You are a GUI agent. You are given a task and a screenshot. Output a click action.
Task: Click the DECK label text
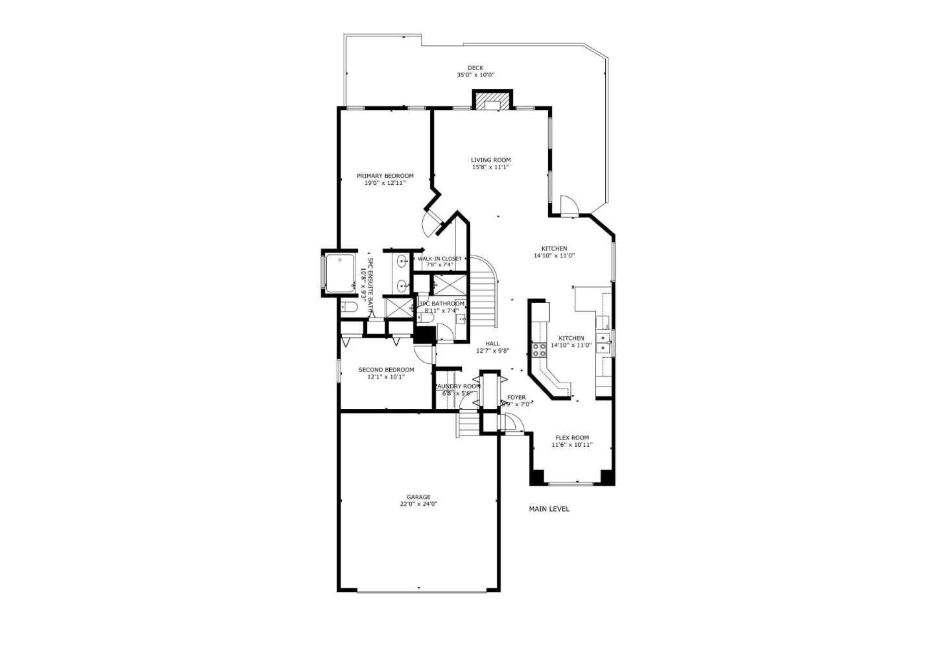point(475,68)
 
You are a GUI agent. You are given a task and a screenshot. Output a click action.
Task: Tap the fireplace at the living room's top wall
point(492,102)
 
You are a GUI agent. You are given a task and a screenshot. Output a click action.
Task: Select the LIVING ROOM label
point(490,160)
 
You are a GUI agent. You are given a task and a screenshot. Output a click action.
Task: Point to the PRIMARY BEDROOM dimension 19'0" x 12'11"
point(385,183)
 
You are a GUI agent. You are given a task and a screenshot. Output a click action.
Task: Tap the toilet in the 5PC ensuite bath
point(349,307)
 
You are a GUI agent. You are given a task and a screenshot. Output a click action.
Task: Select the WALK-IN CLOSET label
point(440,259)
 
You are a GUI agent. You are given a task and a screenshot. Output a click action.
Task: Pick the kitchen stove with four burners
point(539,350)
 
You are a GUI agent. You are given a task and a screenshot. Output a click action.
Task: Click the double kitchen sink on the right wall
point(604,342)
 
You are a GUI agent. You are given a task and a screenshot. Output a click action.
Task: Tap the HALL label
point(492,344)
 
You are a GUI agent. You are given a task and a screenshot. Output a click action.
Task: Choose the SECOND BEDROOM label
point(386,370)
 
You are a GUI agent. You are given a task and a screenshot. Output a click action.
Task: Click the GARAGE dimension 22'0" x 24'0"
point(418,504)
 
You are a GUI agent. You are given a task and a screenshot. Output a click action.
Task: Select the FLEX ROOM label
point(572,438)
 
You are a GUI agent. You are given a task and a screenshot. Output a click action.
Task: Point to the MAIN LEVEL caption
point(549,509)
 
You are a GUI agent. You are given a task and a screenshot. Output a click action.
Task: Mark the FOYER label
point(516,397)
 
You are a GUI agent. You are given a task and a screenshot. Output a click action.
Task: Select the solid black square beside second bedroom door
point(425,335)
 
